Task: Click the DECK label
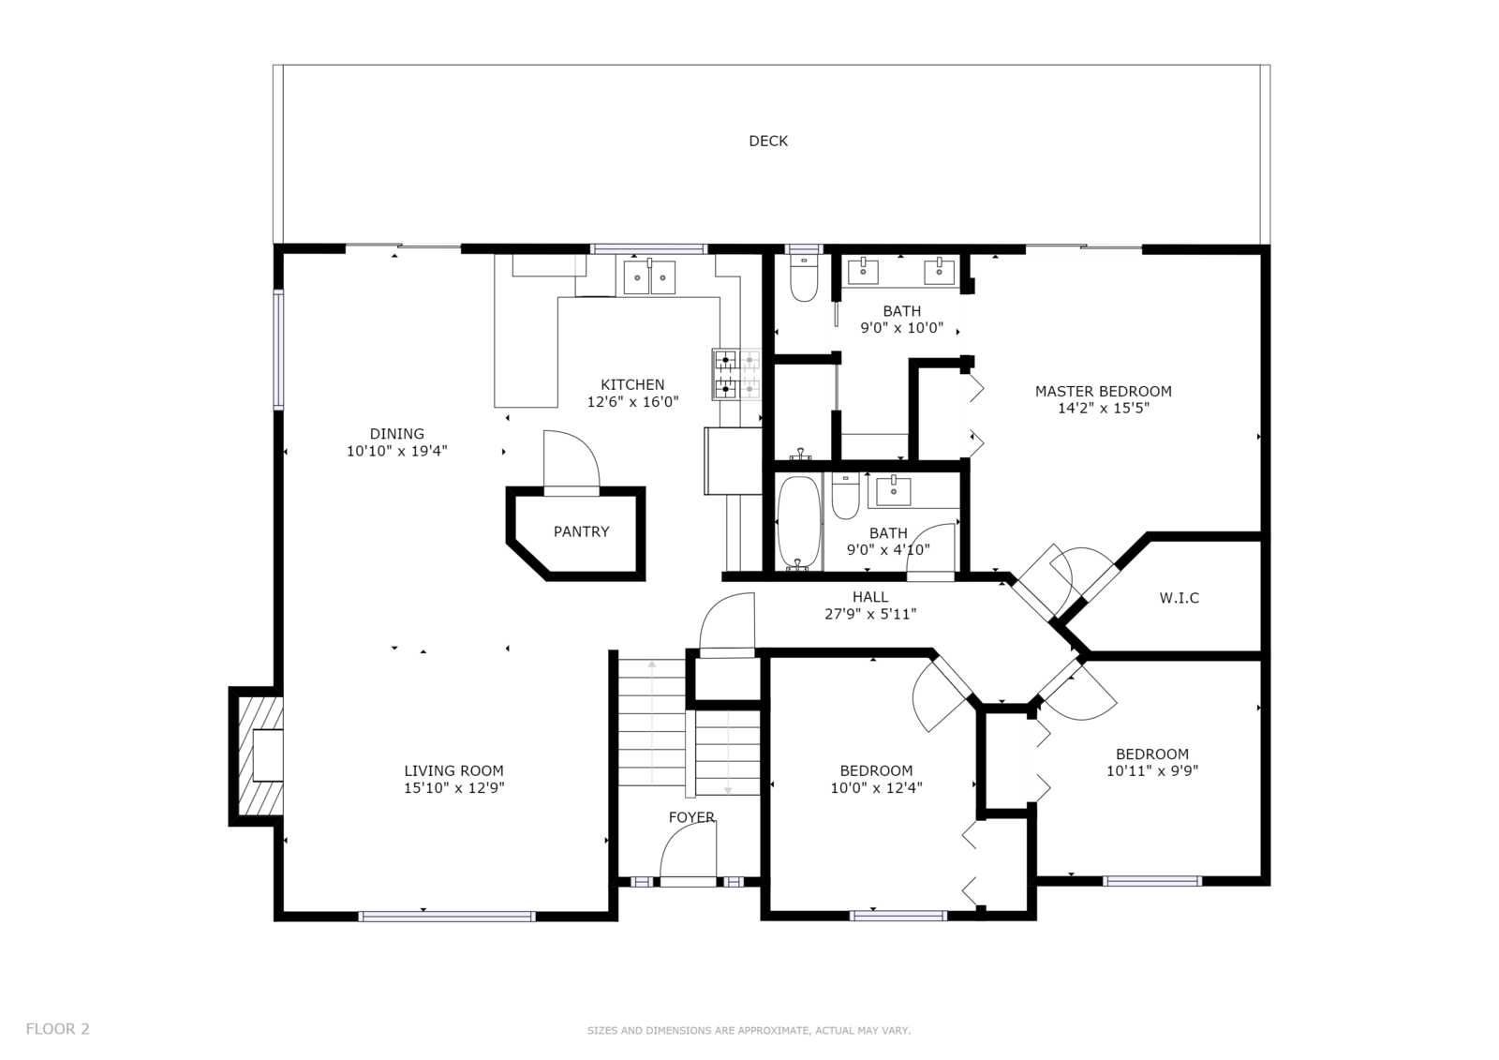767,142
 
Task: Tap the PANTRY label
581,531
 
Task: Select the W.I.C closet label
1180,598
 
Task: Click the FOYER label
691,817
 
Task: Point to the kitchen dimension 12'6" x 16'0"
632,402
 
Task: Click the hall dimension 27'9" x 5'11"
870,614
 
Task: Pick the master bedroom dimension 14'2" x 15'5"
1103,409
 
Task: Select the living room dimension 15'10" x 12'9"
453,788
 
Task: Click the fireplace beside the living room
257,756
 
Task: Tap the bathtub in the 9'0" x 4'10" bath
798,522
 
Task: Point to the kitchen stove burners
736,374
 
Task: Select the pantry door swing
571,461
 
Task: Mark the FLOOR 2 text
57,1029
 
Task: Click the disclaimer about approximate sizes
749,1031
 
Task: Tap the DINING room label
397,434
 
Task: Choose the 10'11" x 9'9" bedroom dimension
1151,770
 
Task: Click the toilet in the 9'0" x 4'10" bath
846,496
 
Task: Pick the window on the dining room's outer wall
278,349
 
